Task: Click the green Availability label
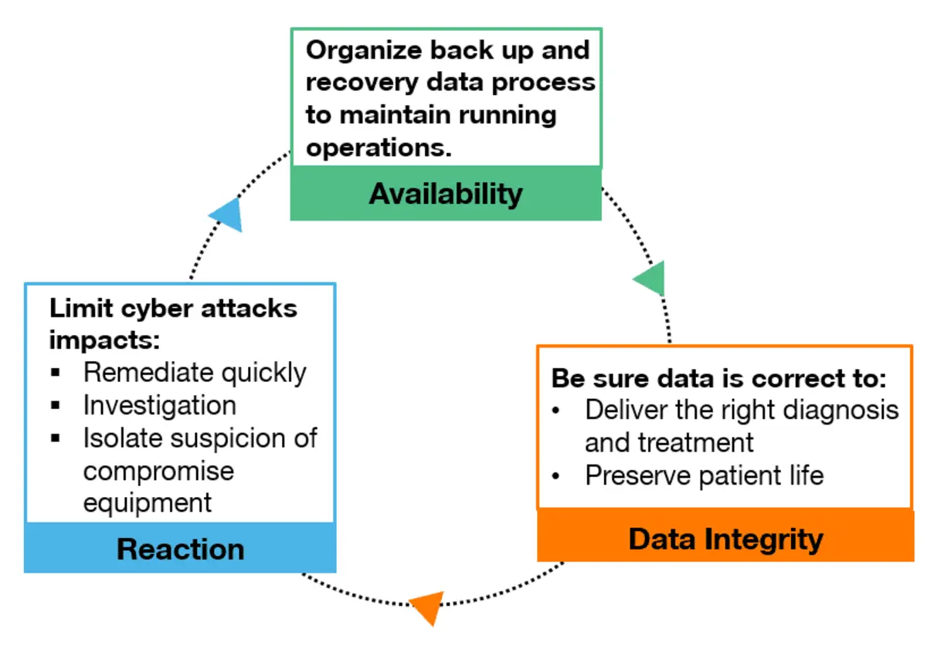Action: [446, 194]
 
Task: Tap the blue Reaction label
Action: [181, 549]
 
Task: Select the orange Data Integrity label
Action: [725, 540]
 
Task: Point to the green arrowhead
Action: [651, 279]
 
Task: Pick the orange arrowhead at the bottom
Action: [429, 607]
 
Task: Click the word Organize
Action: [364, 51]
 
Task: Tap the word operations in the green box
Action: [379, 147]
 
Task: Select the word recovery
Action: [362, 83]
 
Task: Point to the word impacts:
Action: [104, 341]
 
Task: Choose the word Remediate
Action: [149, 373]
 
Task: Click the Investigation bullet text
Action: [160, 406]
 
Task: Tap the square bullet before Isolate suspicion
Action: [55, 438]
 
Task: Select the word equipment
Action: [148, 503]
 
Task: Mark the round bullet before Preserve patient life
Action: [555, 476]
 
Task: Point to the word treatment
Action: [696, 443]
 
